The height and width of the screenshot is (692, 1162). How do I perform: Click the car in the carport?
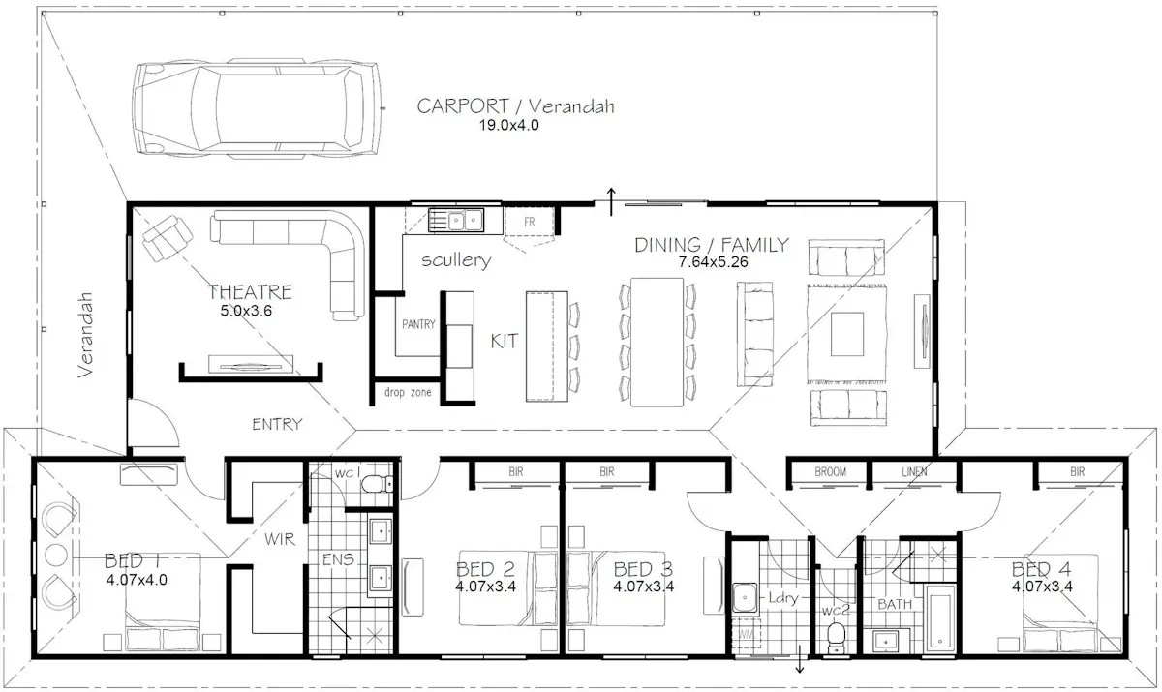(x=258, y=107)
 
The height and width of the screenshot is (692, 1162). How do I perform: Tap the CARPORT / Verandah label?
(x=515, y=106)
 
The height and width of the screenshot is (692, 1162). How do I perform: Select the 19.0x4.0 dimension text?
(x=509, y=126)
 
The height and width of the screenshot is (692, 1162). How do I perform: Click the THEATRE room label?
(x=250, y=292)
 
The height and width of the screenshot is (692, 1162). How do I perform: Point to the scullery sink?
(x=456, y=221)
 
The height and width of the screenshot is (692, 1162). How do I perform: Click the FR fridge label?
(x=529, y=222)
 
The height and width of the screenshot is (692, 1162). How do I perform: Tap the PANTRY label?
(x=418, y=324)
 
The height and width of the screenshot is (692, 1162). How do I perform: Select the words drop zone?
(x=408, y=392)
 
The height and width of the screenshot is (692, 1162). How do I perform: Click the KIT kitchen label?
(x=505, y=341)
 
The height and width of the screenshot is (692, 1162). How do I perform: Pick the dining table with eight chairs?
(x=657, y=342)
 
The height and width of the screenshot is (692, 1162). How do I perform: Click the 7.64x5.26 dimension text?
(x=714, y=262)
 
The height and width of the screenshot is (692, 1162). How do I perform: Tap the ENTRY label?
(x=277, y=425)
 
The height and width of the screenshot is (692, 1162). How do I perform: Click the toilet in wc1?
(x=377, y=485)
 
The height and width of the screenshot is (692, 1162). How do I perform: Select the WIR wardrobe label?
(x=280, y=539)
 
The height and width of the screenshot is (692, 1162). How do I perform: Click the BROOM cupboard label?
(x=831, y=471)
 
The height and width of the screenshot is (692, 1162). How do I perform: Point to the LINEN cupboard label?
(x=914, y=471)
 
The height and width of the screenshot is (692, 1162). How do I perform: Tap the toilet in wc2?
(x=836, y=638)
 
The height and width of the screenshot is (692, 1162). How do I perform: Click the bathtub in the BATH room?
(x=940, y=618)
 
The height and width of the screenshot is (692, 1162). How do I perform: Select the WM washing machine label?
(x=746, y=635)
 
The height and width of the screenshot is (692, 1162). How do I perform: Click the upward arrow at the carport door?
(x=612, y=201)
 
